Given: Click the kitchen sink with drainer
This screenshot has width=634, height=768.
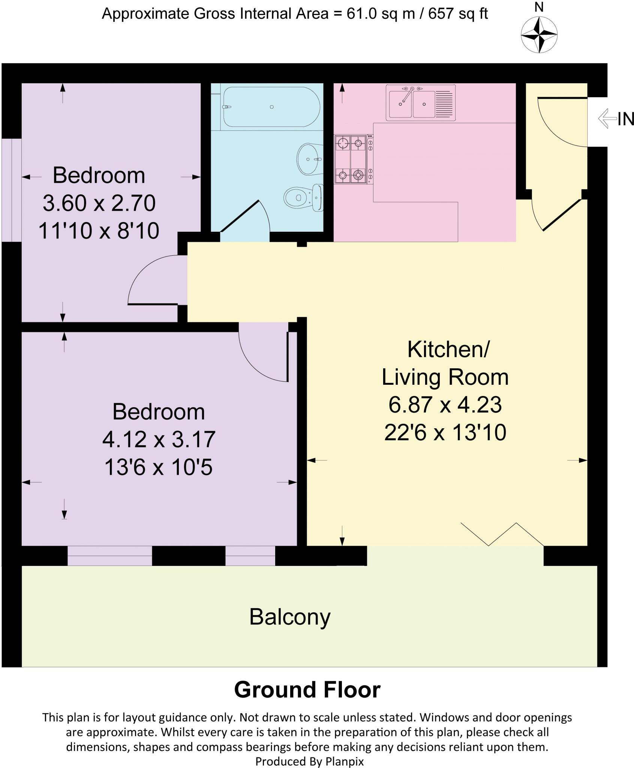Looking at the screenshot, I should coord(421,103).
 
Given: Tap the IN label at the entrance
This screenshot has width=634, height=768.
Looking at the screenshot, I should coord(625,119).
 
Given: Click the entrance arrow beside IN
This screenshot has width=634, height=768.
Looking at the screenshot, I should coord(607,118).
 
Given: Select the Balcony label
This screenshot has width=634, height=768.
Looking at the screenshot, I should coord(289,617).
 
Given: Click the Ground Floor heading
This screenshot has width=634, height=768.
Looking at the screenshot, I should coord(307,690).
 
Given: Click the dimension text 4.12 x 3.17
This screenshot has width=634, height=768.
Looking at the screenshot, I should coord(159,439).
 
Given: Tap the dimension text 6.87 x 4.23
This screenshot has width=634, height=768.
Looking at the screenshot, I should coord(445,405).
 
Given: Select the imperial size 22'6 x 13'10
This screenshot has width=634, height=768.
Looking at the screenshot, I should coord(445,432).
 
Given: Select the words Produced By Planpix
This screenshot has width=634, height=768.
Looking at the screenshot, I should coord(309,761).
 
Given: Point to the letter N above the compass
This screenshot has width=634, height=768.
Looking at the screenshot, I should coord(539,7).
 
